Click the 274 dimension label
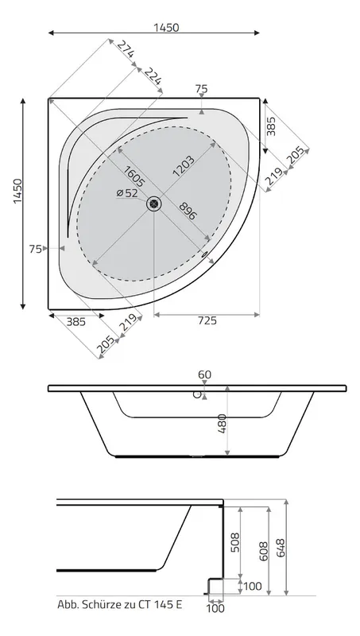(126, 49)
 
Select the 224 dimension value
(153, 76)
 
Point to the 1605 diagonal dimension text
(134, 176)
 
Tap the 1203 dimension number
(184, 166)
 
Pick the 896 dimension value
(188, 211)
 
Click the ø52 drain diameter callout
(127, 193)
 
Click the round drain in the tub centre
(154, 204)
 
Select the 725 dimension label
(207, 321)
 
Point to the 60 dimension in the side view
(205, 374)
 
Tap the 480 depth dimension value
(223, 424)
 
